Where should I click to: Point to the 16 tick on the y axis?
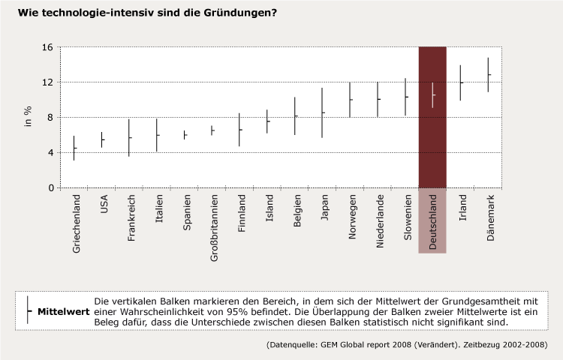(47, 47)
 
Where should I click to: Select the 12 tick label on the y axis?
(47, 82)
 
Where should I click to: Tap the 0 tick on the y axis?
(50, 188)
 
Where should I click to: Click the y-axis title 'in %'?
(29, 117)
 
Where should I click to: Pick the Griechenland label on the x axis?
(77, 223)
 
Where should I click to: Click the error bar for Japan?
(322, 112)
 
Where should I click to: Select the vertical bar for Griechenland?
(74, 148)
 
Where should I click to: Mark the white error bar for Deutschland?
(432, 94)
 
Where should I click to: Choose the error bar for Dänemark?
(488, 74)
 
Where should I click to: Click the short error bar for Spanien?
(185, 135)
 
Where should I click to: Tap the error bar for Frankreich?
(129, 137)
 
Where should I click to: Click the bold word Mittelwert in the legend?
(62, 310)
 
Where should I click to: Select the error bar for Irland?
(460, 82)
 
